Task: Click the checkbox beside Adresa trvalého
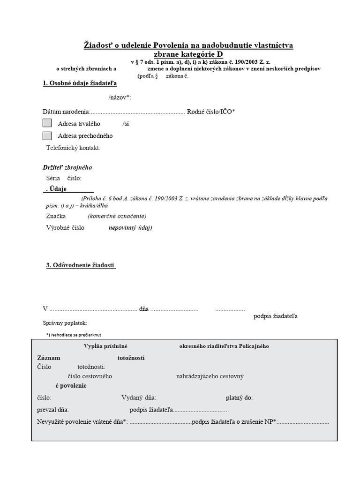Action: [x=47, y=124]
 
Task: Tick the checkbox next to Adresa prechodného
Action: [x=47, y=136]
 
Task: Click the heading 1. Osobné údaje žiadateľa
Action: [x=80, y=83]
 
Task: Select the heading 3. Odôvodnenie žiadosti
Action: [x=81, y=265]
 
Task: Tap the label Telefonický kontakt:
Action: [x=74, y=148]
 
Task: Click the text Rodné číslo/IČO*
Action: [x=211, y=112]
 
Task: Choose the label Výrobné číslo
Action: [x=65, y=228]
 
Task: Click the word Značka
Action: [x=56, y=216]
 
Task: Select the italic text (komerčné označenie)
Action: [x=117, y=216]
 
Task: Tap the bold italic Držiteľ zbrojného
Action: [x=67, y=167]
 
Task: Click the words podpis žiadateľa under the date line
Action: [x=276, y=316]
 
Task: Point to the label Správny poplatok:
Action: [x=65, y=323]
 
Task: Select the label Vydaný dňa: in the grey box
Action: [x=142, y=397]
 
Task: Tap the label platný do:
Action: [x=239, y=397]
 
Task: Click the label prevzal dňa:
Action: [x=53, y=410]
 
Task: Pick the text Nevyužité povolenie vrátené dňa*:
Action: [x=82, y=422]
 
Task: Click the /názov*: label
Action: [x=120, y=97]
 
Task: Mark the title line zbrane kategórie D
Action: [x=188, y=54]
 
